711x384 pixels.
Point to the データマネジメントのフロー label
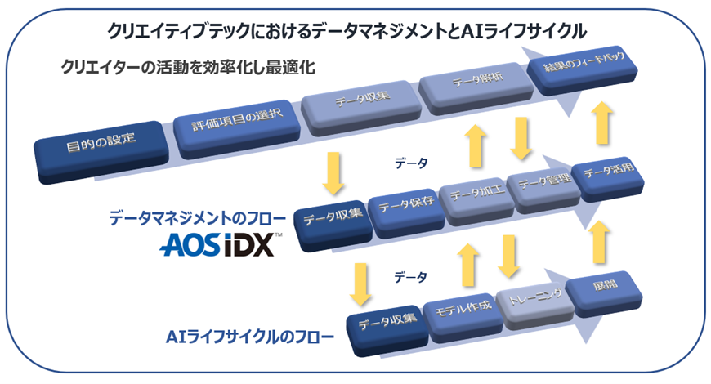pos(198,219)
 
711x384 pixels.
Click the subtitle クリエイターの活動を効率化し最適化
pos(189,68)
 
